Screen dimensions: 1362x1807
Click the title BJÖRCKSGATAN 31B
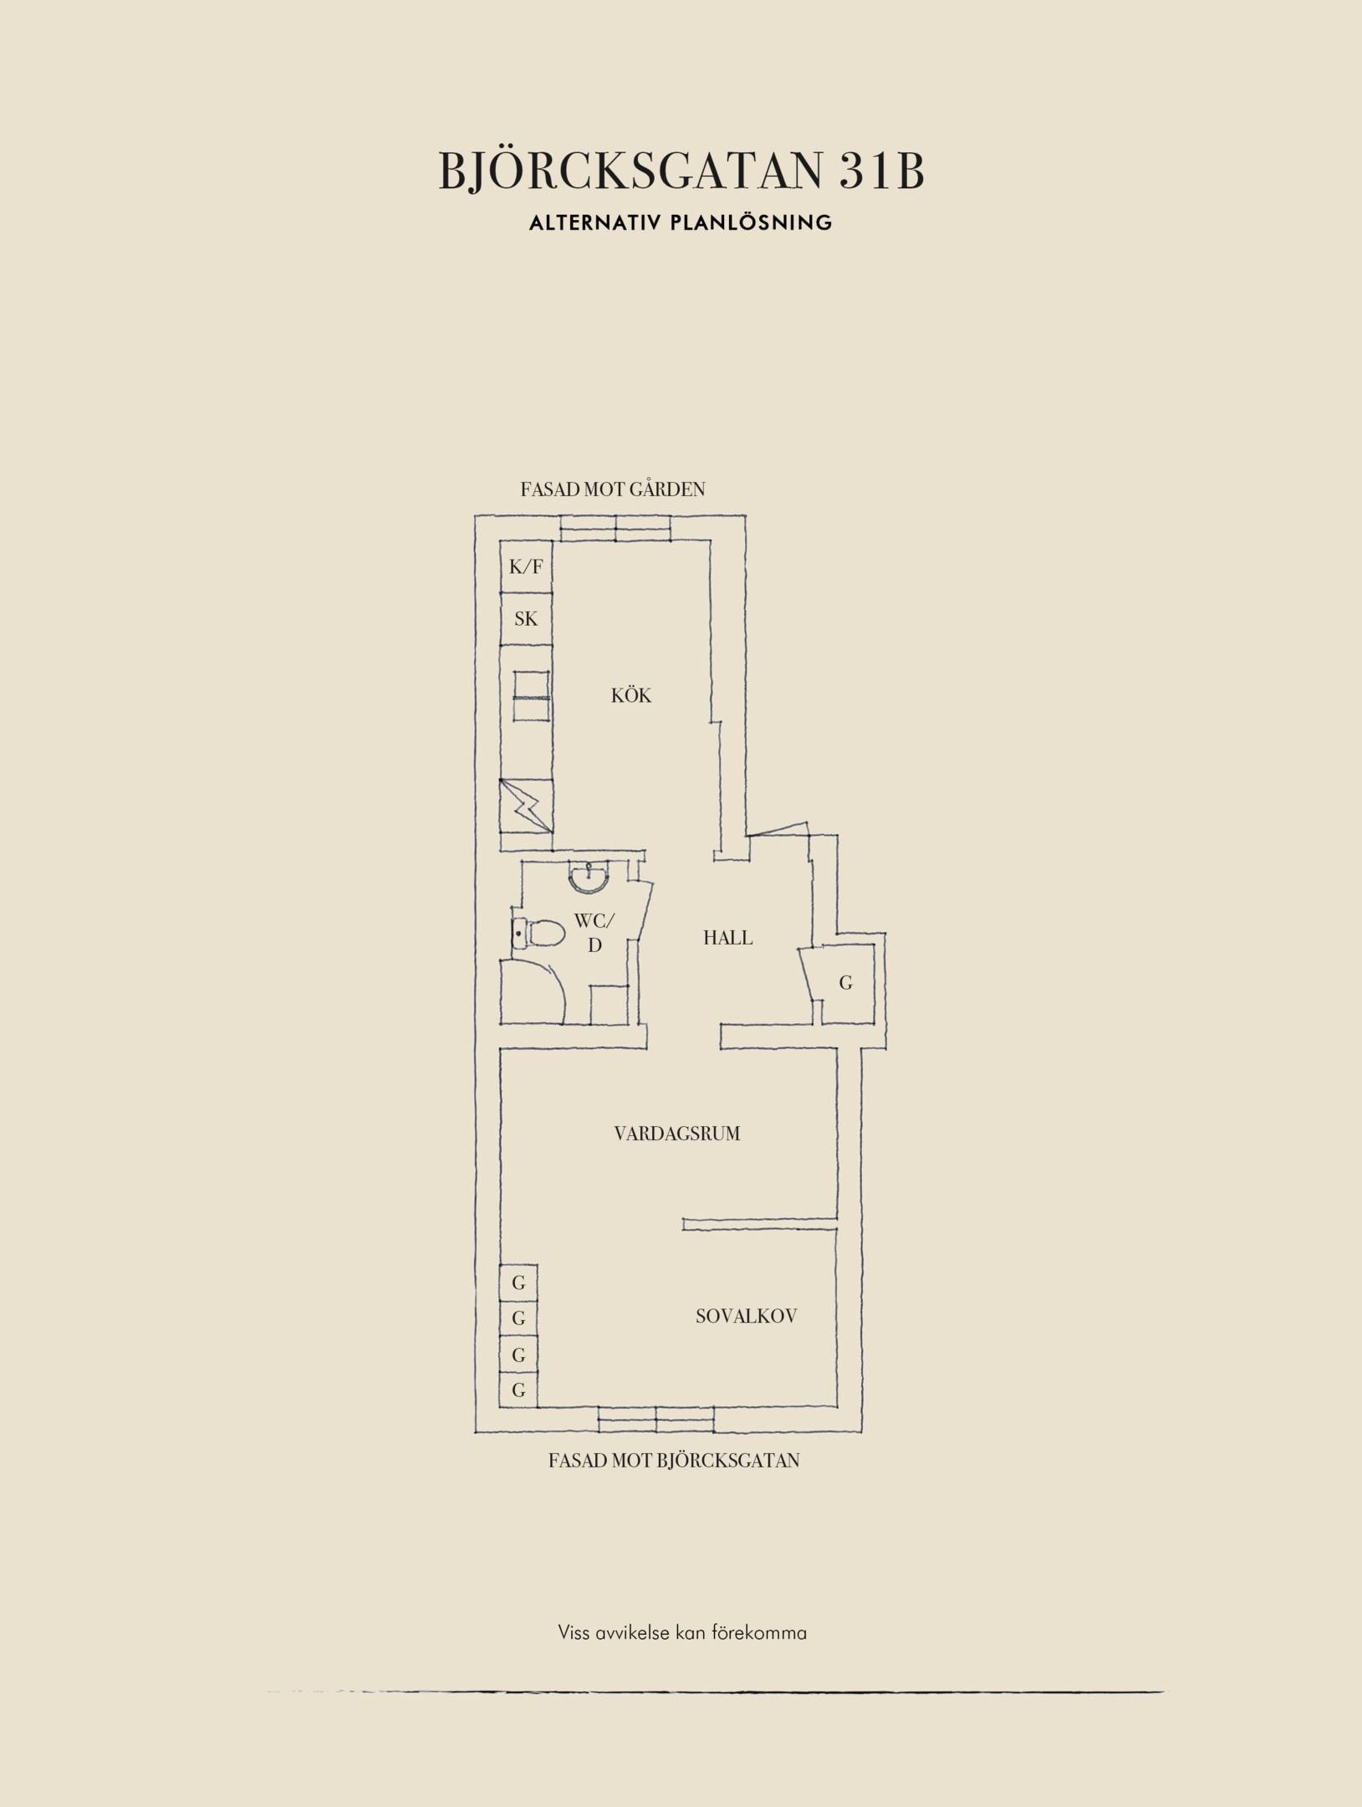681,171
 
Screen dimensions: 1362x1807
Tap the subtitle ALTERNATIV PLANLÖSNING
681,223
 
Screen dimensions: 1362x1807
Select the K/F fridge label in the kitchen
526,566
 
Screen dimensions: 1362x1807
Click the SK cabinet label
526,619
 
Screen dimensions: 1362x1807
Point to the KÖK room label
631,695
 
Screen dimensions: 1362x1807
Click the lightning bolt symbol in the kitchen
527,806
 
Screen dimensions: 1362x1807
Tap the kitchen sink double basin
531,695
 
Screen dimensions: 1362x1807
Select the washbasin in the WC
590,876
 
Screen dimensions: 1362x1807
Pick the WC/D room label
594,933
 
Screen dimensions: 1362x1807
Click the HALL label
727,938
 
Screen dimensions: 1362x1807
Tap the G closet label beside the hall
846,983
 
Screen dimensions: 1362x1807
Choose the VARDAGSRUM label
677,1134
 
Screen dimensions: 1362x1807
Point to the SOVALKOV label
747,1316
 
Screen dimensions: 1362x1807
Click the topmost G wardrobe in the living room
518,1282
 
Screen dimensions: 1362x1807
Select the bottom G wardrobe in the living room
518,1390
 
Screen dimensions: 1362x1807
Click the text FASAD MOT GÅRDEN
613,489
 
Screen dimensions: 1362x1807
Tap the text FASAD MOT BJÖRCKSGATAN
674,1461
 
